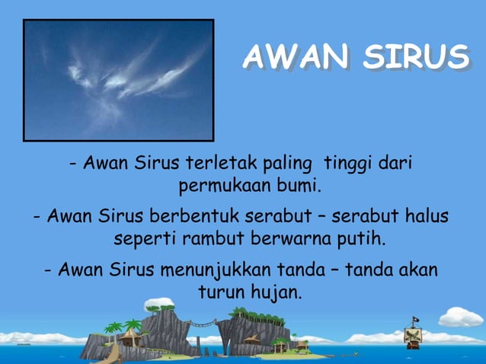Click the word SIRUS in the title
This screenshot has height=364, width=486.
click(415, 57)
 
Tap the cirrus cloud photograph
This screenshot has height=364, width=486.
click(119, 80)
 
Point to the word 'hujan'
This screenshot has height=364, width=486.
click(276, 292)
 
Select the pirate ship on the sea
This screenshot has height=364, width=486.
click(415, 336)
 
